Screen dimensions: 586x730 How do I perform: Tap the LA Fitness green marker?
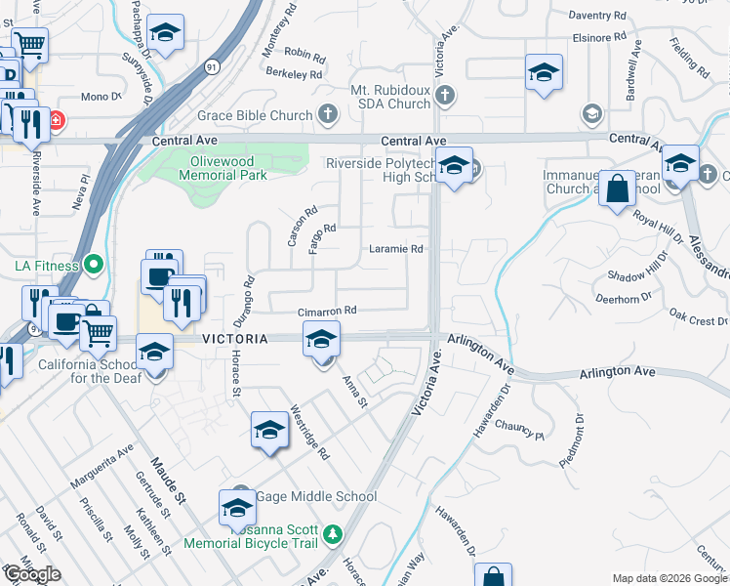pos(94,264)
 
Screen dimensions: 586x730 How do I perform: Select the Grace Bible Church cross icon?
pos(327,116)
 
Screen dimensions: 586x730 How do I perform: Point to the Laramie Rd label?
pos(395,249)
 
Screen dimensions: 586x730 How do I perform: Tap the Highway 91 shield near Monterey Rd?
pos(213,66)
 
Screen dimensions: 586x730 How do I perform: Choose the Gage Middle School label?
pos(316,496)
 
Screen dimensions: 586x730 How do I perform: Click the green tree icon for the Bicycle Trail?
pos(334,534)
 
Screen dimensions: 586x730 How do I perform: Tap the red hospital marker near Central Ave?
pos(56,120)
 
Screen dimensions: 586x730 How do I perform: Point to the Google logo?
pos(31,574)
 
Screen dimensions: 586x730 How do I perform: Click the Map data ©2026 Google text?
pos(669,578)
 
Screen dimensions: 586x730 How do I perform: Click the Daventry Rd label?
pos(597,16)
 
